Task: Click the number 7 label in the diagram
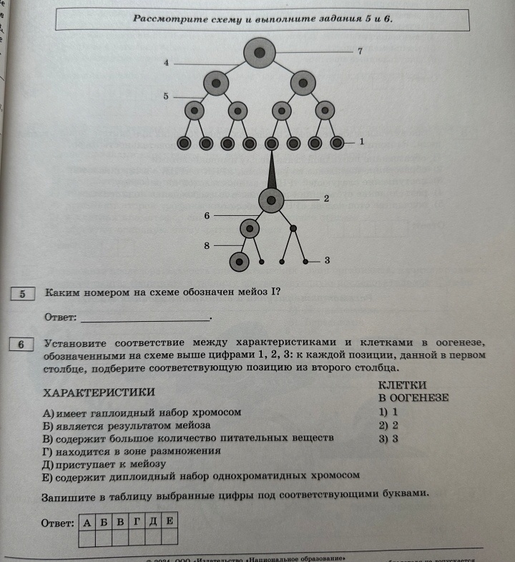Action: pos(360,51)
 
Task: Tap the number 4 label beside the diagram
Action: pos(166,64)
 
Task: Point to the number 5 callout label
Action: pos(166,95)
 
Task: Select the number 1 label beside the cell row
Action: pos(362,142)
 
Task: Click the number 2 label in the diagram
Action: pos(326,198)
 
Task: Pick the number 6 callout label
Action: pos(206,214)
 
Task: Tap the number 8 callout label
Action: pos(206,245)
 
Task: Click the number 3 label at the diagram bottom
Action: pos(326,261)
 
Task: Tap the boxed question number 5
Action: pos(22,293)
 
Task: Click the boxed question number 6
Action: pos(22,344)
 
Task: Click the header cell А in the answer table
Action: pos(87,522)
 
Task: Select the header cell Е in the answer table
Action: pos(170,522)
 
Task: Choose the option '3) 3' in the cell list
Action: pos(389,439)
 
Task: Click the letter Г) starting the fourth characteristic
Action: pos(49,451)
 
